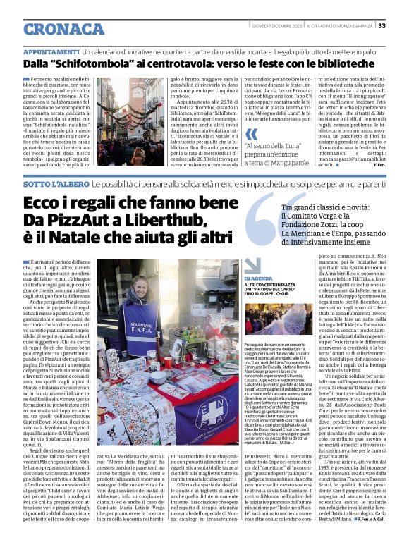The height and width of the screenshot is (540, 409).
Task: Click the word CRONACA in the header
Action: pos(63,29)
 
